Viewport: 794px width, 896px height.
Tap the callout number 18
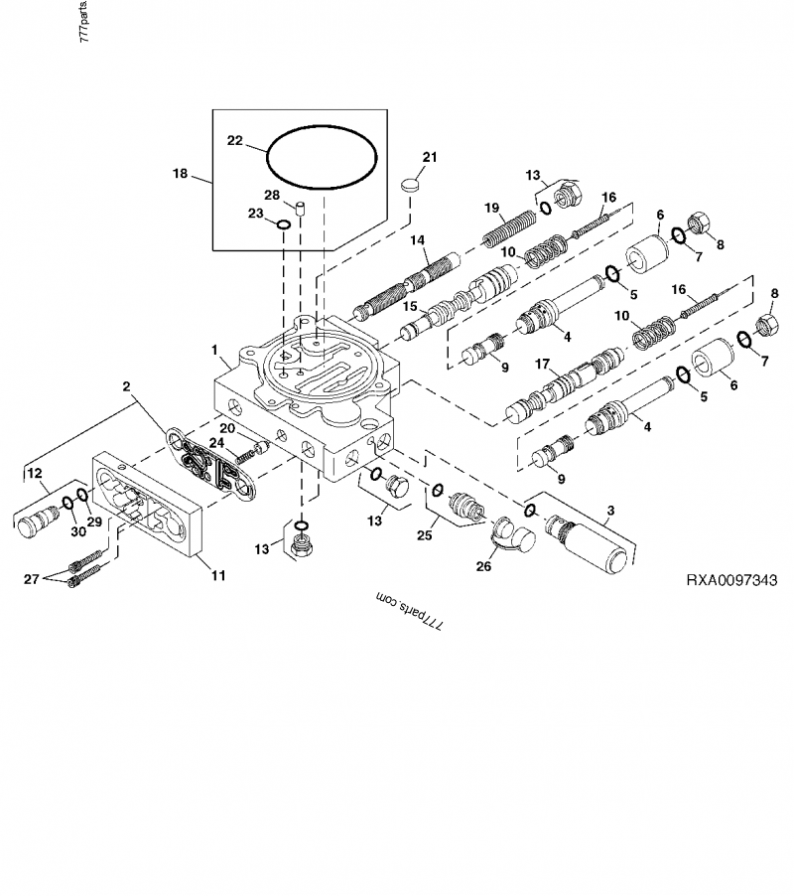pyautogui.click(x=180, y=173)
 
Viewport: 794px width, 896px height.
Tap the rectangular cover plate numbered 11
pyautogui.click(x=149, y=507)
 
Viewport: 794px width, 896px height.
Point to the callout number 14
pyautogui.click(x=417, y=239)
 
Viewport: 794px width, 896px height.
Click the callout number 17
pyautogui.click(x=541, y=365)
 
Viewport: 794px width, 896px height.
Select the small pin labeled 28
pyautogui.click(x=304, y=210)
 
